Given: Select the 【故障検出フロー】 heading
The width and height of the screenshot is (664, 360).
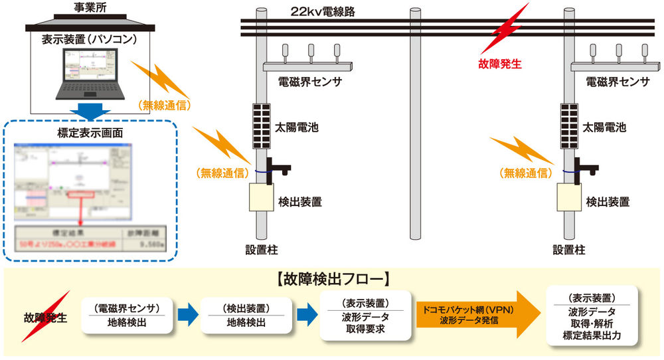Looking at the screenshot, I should coord(332,280).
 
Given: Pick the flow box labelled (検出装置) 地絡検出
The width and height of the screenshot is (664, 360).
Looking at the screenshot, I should coord(242,315).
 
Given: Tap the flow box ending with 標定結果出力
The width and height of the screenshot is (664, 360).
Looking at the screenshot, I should coord(592,315).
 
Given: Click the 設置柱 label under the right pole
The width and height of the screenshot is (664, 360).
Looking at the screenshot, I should coord(568,250).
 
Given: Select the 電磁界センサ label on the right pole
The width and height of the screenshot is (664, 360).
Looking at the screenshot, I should coord(618,82).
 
